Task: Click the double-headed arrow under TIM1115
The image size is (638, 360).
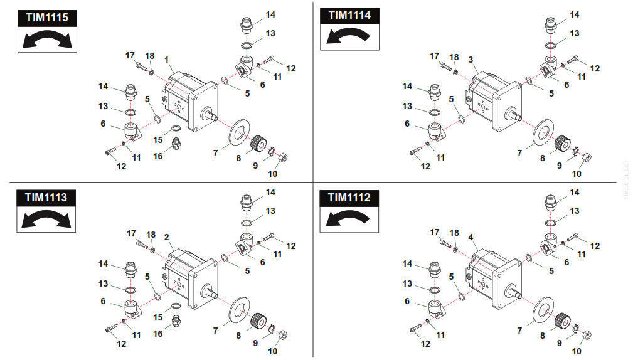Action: pyautogui.click(x=48, y=41)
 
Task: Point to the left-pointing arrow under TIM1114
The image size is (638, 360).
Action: pyautogui.click(x=349, y=38)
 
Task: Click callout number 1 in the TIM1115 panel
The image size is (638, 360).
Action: pyautogui.click(x=167, y=59)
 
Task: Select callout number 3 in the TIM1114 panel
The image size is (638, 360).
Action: pyautogui.click(x=471, y=59)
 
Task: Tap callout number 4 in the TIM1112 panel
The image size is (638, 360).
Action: pyautogui.click(x=471, y=238)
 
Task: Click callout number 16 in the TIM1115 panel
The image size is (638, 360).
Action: pyautogui.click(x=158, y=156)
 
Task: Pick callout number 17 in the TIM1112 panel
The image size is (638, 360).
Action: pyautogui.click(x=434, y=233)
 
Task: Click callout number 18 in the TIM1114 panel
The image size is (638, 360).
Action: pyautogui.click(x=454, y=57)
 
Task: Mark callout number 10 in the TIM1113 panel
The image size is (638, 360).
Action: pyautogui.click(x=273, y=351)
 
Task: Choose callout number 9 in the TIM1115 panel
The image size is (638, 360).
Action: pyautogui.click(x=255, y=166)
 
